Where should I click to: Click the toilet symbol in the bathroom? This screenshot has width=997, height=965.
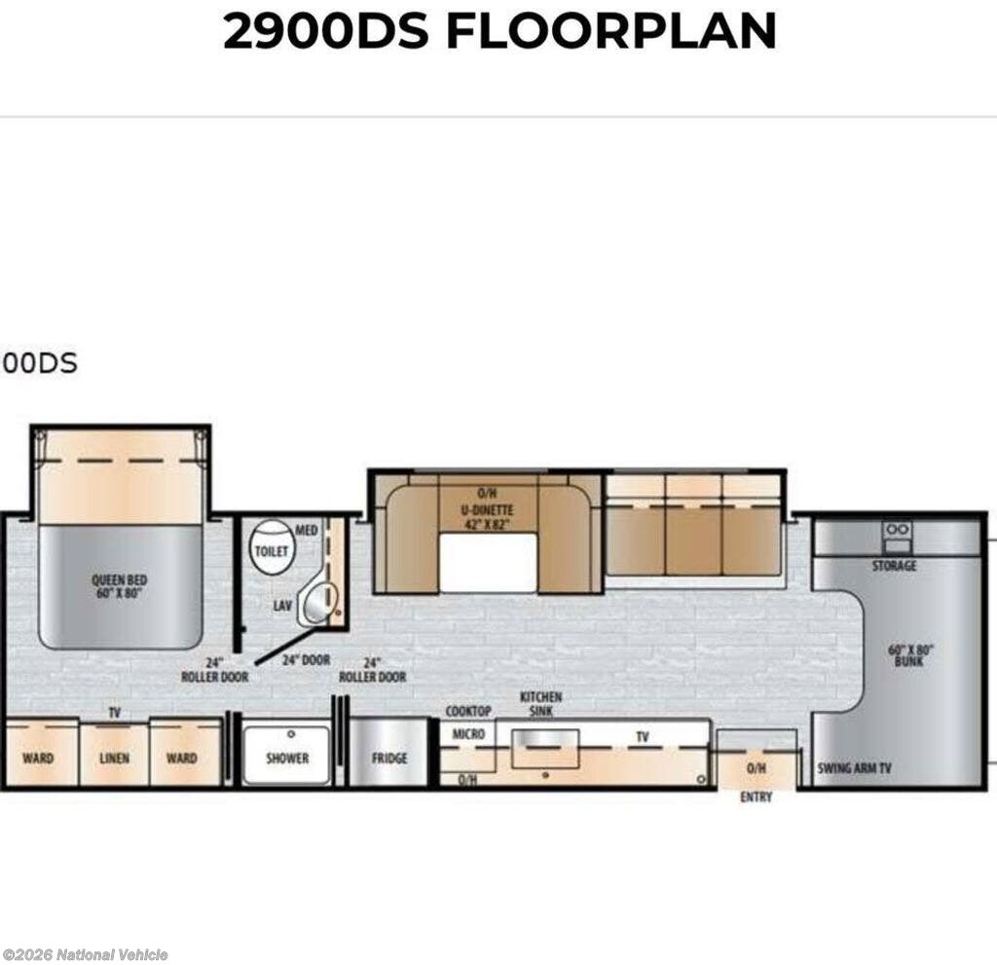tap(272, 545)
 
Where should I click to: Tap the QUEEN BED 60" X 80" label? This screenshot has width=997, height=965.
tap(119, 586)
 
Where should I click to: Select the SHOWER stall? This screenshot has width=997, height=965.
tap(287, 755)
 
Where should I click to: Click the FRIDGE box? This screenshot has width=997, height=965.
tap(388, 753)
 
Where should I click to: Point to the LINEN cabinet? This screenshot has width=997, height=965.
tap(115, 754)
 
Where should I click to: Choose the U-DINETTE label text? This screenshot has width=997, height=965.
tap(487, 509)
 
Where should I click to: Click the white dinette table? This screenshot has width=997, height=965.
tap(488, 563)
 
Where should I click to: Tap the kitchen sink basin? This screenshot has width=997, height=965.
tap(545, 749)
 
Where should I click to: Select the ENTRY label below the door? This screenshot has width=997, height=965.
tap(756, 798)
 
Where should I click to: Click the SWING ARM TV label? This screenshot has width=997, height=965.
tap(854, 768)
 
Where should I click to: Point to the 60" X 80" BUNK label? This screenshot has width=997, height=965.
tap(910, 655)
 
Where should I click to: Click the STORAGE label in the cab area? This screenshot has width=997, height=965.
tap(894, 566)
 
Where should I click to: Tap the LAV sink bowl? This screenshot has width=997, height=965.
tap(318, 603)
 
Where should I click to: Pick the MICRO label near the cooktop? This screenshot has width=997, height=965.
tap(468, 734)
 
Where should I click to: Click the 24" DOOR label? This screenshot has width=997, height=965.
tap(306, 660)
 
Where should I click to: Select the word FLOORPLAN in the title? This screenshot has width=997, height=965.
tap(611, 30)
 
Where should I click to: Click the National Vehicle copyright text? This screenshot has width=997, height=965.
tap(86, 955)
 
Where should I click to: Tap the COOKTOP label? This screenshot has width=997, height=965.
tap(468, 711)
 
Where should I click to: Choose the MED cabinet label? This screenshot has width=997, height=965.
tap(306, 531)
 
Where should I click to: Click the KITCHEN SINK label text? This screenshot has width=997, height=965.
tap(541, 704)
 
